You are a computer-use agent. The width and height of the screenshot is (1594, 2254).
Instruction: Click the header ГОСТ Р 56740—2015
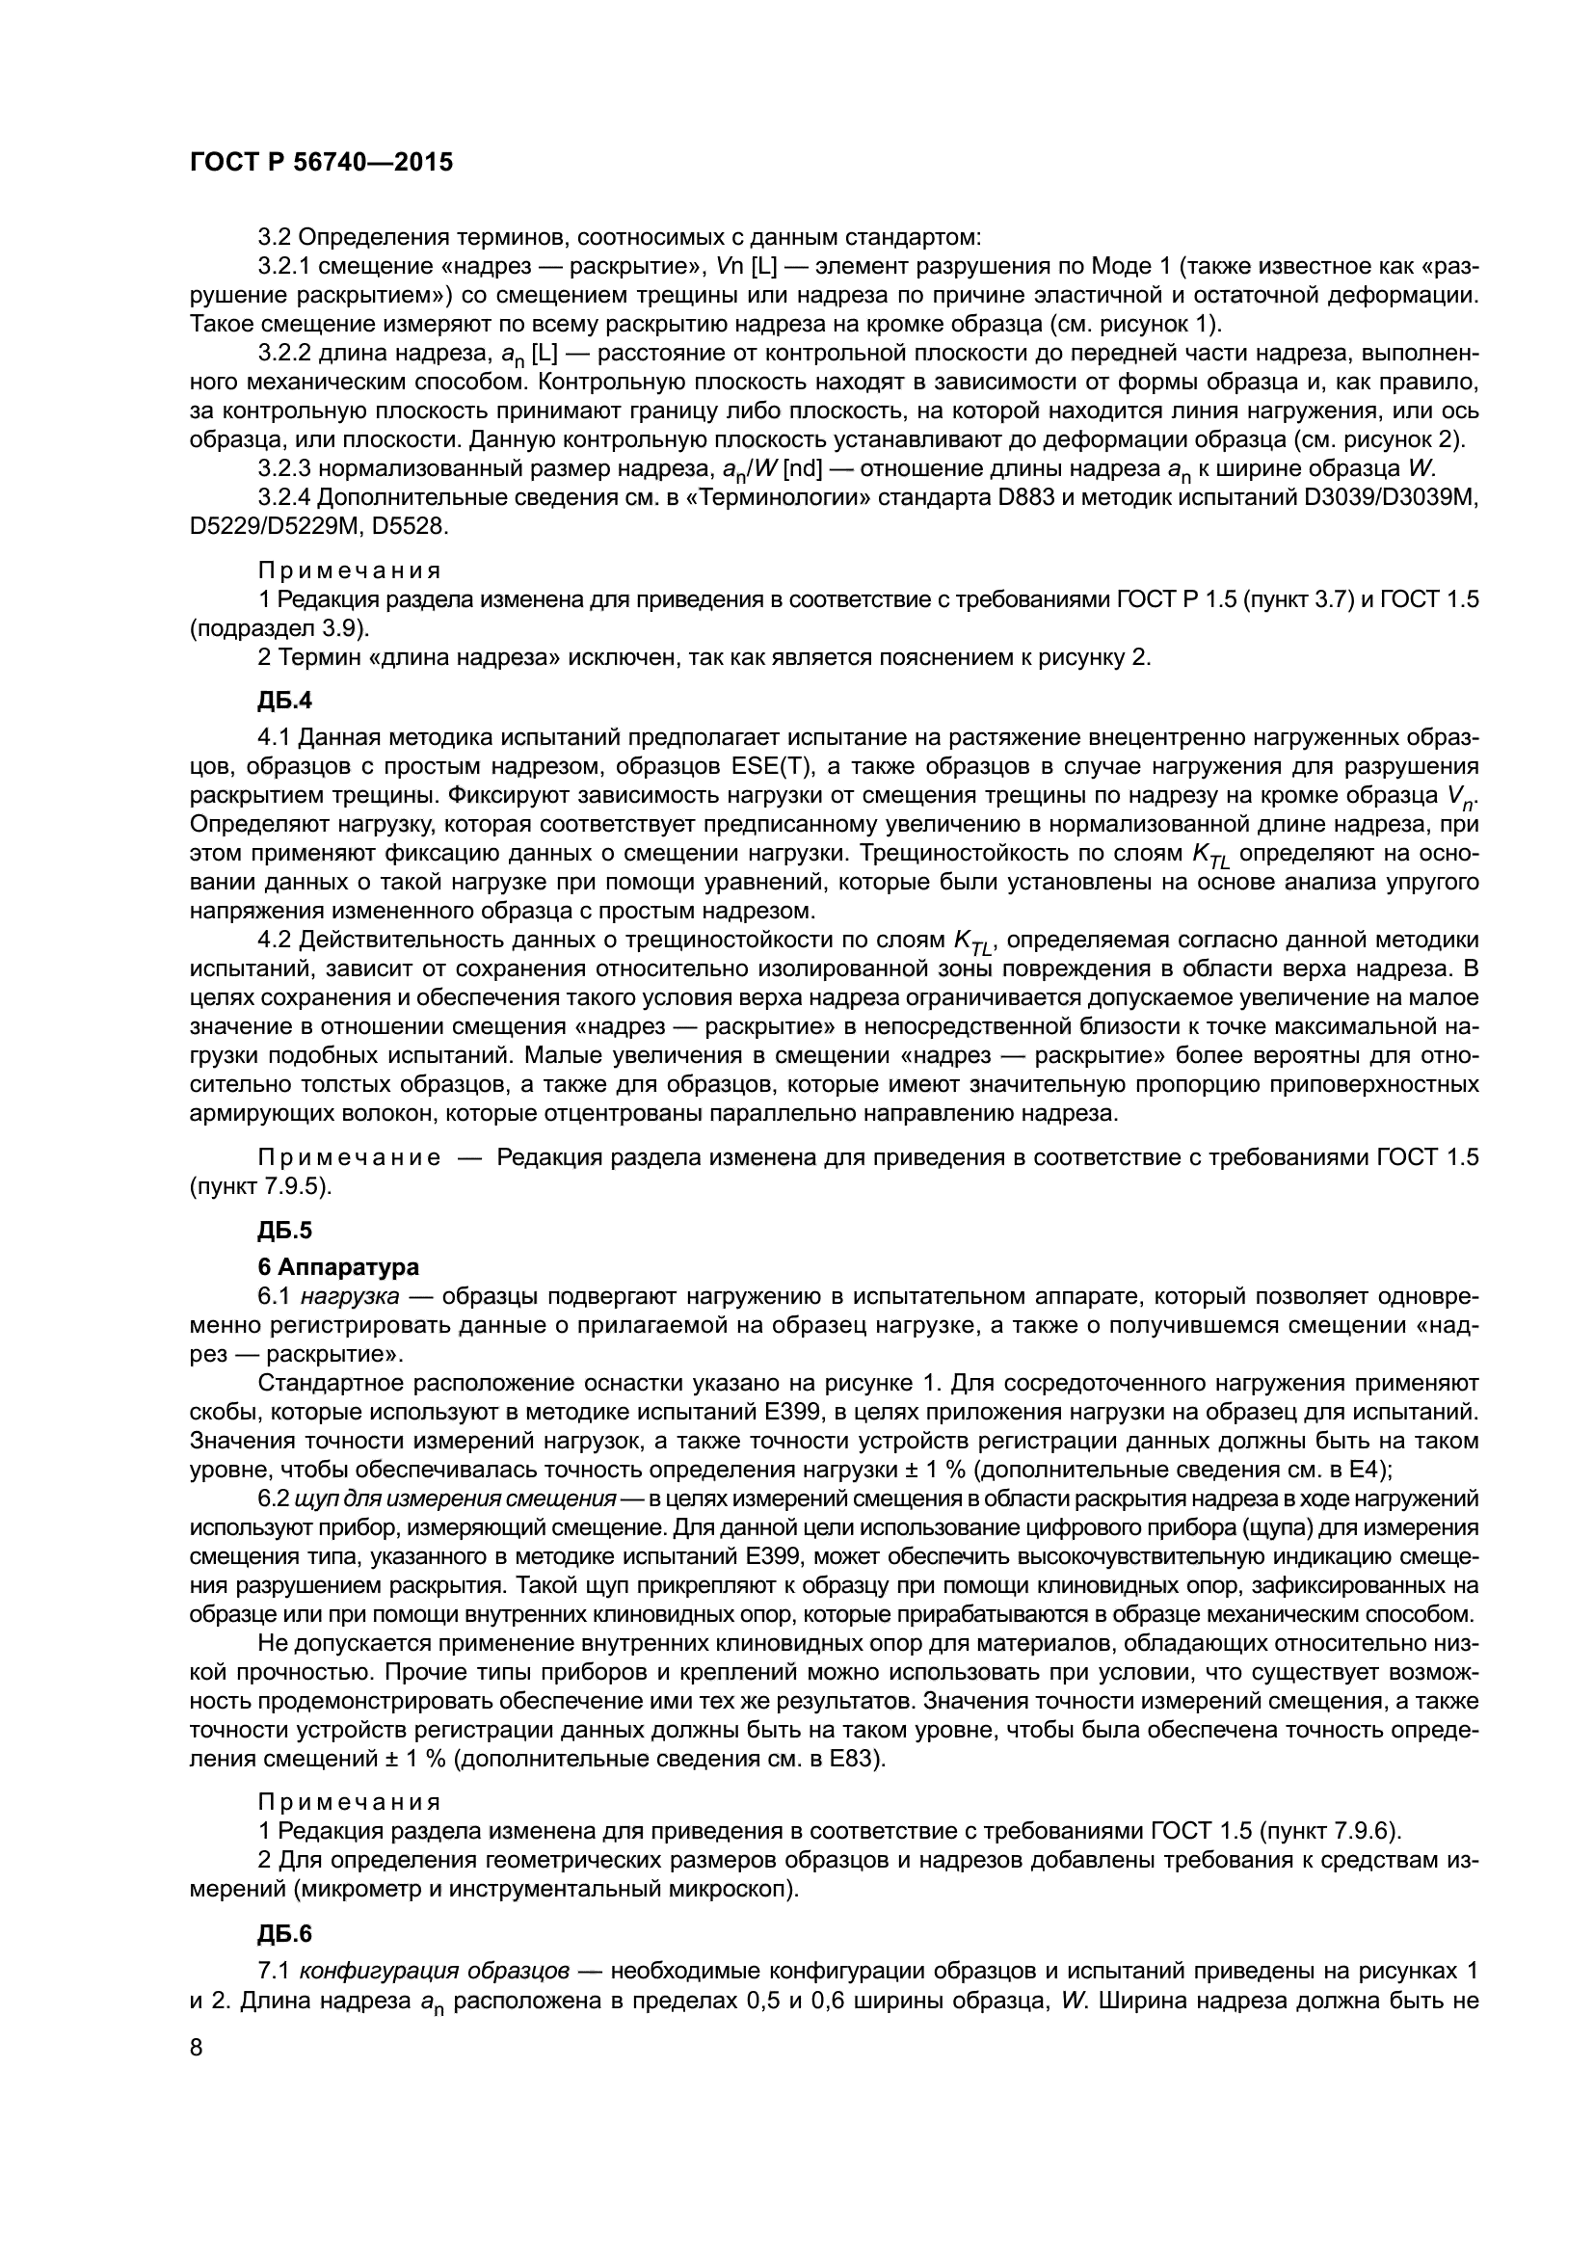321,163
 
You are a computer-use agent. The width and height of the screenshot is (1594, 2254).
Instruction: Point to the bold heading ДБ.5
284,1229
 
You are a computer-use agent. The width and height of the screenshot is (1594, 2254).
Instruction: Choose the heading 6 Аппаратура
337,1267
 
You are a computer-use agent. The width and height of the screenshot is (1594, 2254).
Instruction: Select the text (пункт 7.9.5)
260,1186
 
